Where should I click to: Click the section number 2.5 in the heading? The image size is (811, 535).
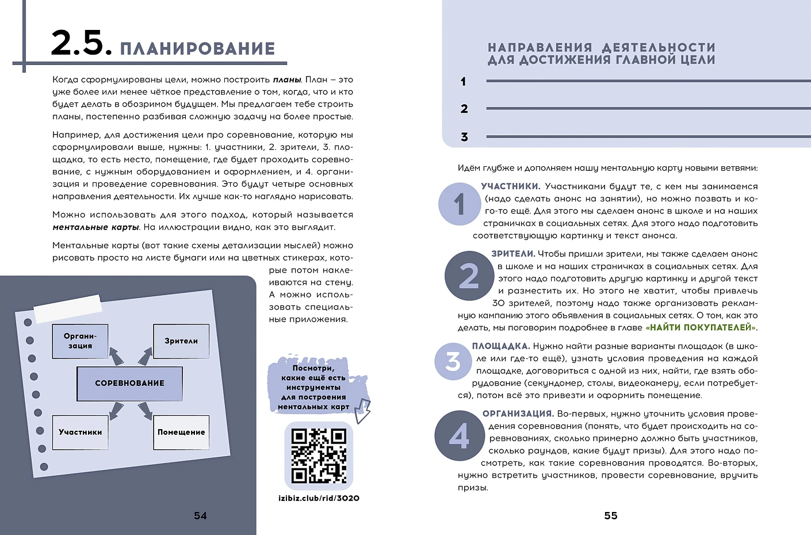coord(81,44)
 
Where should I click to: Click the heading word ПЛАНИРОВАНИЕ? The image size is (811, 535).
coord(197,49)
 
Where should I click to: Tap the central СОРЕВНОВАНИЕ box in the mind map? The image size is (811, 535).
coord(129,383)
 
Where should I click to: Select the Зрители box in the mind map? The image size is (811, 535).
coord(181,341)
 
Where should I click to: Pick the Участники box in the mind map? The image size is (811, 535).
coord(81,432)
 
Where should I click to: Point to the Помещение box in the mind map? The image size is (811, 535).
coord(181,432)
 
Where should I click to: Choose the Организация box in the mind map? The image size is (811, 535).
coord(80,341)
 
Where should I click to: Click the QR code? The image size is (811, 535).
coord(319,455)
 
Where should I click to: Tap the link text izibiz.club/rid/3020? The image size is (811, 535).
coord(319,498)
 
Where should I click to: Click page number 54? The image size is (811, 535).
coord(200,516)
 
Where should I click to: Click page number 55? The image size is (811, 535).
coord(611,516)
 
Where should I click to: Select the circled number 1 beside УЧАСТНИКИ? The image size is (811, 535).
coord(459,204)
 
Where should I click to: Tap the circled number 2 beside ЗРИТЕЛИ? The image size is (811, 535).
coord(469,276)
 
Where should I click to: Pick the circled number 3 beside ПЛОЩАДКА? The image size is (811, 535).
coord(453,361)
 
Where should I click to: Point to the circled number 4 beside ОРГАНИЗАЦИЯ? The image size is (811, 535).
coord(459,436)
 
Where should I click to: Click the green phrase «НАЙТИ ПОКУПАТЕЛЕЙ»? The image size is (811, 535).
coord(701,328)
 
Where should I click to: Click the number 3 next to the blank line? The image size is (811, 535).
coord(464,137)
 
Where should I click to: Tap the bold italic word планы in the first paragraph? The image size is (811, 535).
coord(287,80)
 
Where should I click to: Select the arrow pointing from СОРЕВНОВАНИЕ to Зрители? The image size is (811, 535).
coord(145,357)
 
